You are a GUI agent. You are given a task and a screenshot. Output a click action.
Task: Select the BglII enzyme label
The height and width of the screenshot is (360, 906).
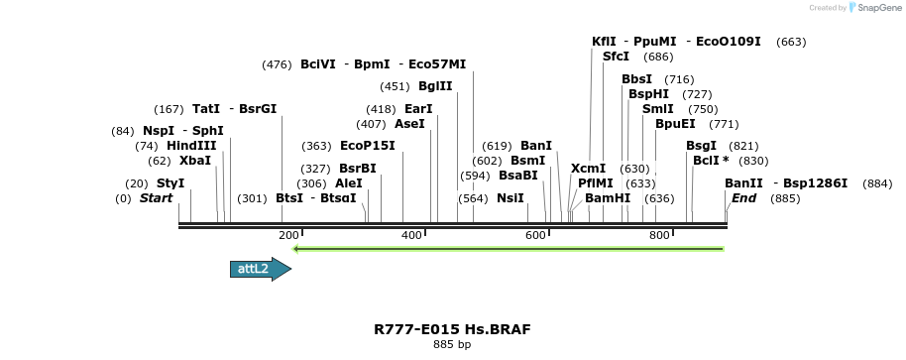click(435, 86)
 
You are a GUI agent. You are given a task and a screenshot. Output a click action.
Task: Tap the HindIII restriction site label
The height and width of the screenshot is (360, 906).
click(191, 146)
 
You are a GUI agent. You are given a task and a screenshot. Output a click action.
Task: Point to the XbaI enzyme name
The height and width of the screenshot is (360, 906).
click(195, 161)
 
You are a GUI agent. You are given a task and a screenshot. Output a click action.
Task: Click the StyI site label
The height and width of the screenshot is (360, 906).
click(170, 183)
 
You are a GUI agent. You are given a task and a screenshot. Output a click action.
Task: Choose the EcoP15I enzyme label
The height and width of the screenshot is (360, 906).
click(368, 146)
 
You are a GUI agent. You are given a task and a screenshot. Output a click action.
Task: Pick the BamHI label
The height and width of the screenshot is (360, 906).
click(608, 198)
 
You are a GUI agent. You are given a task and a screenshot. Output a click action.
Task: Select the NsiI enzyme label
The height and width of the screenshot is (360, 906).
click(510, 198)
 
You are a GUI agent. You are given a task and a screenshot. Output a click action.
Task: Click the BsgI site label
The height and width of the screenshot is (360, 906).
click(701, 146)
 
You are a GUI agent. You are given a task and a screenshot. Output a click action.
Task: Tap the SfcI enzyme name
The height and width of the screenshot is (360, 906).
click(616, 57)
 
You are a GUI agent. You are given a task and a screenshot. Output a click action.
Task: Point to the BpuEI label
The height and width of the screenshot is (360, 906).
click(675, 124)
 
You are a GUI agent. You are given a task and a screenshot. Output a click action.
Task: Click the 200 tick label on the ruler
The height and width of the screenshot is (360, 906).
click(288, 235)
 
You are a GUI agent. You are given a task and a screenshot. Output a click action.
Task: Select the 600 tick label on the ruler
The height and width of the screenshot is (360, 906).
click(535, 235)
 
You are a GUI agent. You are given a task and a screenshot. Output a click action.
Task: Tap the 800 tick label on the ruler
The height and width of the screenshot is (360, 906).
click(659, 235)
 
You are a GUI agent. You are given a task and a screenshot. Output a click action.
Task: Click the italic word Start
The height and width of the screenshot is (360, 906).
click(156, 198)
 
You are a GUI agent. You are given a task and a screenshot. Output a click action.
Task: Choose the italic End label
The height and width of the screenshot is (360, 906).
click(743, 198)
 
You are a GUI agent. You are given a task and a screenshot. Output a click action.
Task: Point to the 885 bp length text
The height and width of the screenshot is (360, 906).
click(452, 345)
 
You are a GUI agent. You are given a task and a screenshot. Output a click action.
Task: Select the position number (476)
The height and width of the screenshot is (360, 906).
click(277, 64)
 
